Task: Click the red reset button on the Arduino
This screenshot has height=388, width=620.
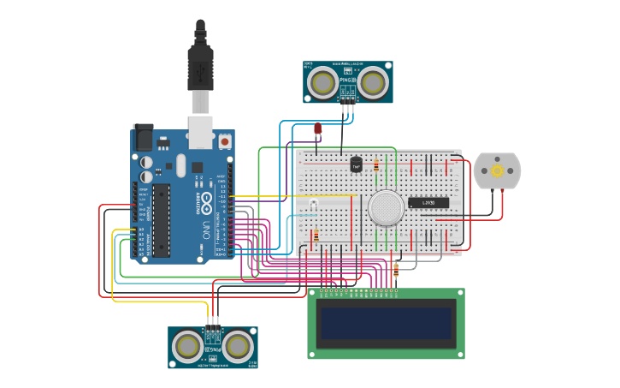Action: pyautogui.click(x=225, y=140)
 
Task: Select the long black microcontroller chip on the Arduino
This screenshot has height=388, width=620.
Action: pyautogui.click(x=162, y=219)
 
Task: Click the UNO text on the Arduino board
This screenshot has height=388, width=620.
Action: pyautogui.click(x=206, y=230)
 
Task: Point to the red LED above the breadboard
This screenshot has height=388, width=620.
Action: pyautogui.click(x=317, y=129)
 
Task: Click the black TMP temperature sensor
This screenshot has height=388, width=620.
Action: pyautogui.click(x=356, y=164)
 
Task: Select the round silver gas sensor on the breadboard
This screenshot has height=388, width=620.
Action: pyautogui.click(x=386, y=206)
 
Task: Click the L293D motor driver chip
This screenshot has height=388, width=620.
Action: pyautogui.click(x=428, y=203)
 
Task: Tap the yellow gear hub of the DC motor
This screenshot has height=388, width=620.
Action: pyautogui.click(x=497, y=171)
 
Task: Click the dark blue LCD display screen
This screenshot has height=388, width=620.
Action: pyautogui.click(x=386, y=323)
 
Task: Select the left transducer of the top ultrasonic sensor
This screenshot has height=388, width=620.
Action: pyautogui.click(x=322, y=82)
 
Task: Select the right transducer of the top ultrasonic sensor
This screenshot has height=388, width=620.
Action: pyautogui.click(x=373, y=82)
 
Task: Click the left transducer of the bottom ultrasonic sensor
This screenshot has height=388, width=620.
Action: pyautogui.click(x=187, y=346)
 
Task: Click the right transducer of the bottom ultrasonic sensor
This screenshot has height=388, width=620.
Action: pyautogui.click(x=238, y=346)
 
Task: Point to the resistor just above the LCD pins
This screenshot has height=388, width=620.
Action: pyautogui.click(x=395, y=271)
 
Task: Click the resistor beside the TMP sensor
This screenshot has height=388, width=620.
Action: pyautogui.click(x=376, y=164)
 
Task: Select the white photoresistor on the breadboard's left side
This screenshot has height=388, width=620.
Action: pyautogui.click(x=314, y=203)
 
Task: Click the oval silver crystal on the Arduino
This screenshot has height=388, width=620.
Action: pyautogui.click(x=181, y=164)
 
